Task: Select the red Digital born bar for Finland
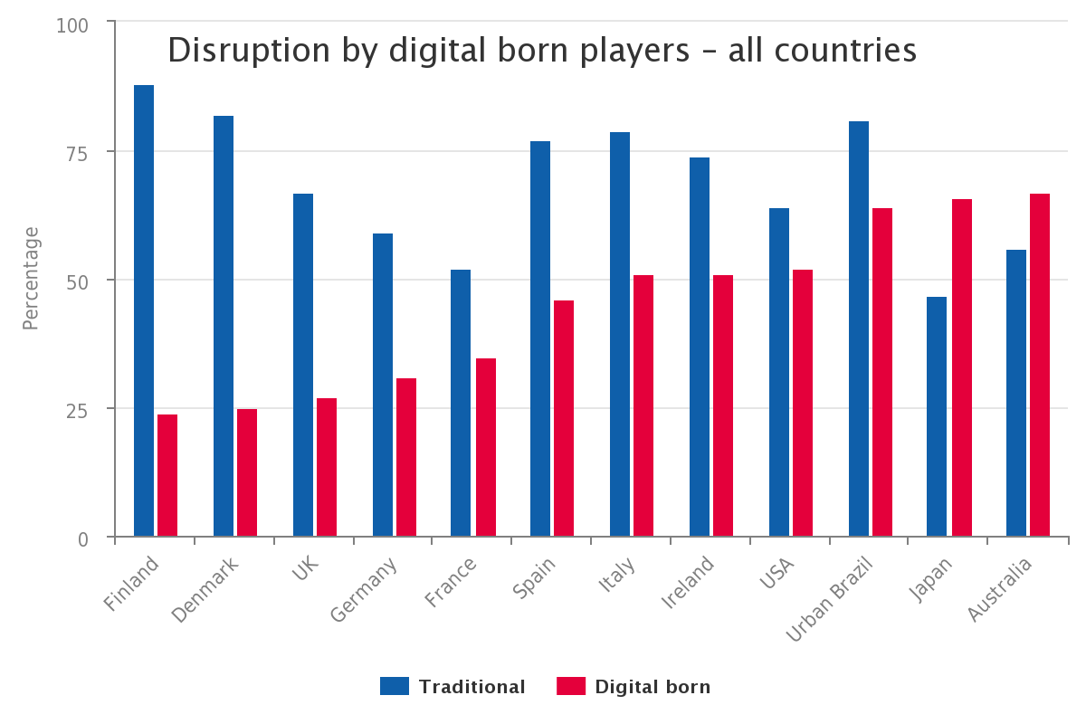tap(167, 475)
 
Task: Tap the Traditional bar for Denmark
tap(224, 326)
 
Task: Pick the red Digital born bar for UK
tap(327, 467)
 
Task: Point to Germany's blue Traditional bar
tap(383, 385)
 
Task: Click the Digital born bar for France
tap(486, 447)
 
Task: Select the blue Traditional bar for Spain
tap(540, 338)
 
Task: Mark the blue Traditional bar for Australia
tap(1016, 393)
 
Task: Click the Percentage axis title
tap(31, 279)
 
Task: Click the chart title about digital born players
tap(542, 51)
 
